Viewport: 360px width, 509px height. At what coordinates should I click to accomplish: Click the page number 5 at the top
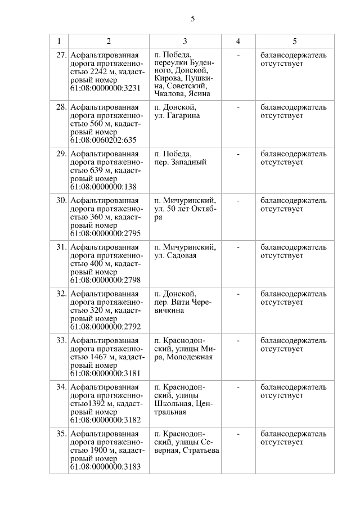[192, 18]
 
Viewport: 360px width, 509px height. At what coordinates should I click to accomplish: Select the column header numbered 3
[185, 41]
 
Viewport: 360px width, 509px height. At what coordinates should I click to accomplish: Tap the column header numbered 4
[238, 41]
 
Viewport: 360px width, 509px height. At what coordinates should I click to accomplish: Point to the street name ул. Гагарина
[177, 116]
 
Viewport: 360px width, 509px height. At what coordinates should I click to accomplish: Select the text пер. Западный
[180, 163]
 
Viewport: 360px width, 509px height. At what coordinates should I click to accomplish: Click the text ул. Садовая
[175, 255]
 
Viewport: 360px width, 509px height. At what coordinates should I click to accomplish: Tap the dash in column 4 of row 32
[238, 294]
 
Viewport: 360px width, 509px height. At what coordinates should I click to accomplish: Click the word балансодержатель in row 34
[294, 387]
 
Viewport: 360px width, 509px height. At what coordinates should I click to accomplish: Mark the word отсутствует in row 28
[282, 116]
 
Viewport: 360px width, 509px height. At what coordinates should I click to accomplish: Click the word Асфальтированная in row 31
[105, 247]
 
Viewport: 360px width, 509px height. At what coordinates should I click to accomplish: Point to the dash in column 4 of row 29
[238, 154]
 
